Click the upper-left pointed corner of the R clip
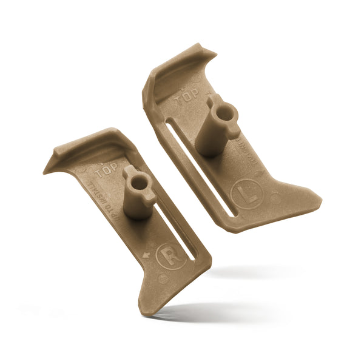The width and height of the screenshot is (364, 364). (46, 172)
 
